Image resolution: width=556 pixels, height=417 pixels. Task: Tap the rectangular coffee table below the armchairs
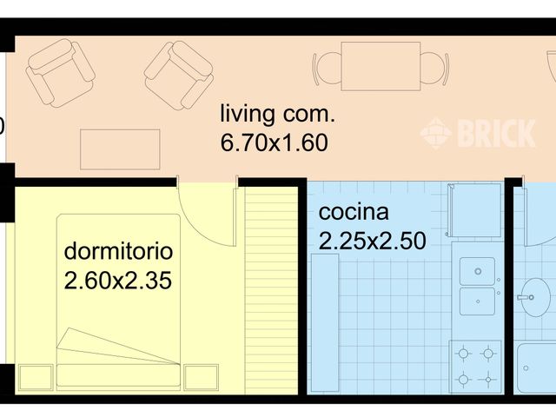[120, 149]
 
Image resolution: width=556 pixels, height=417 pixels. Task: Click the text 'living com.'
[276, 115]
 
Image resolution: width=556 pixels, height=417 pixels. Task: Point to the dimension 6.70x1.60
[275, 143]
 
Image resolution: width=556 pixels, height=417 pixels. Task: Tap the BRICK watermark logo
[479, 134]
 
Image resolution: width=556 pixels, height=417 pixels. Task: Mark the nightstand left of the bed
[35, 376]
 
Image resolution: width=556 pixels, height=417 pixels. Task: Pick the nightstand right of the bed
[201, 376]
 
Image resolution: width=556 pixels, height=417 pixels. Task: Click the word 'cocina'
[354, 212]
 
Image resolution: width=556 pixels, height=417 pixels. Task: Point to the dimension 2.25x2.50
[372, 241]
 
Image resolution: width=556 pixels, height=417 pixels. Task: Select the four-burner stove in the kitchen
[476, 366]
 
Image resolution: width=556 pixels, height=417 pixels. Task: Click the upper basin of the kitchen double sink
[476, 271]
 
